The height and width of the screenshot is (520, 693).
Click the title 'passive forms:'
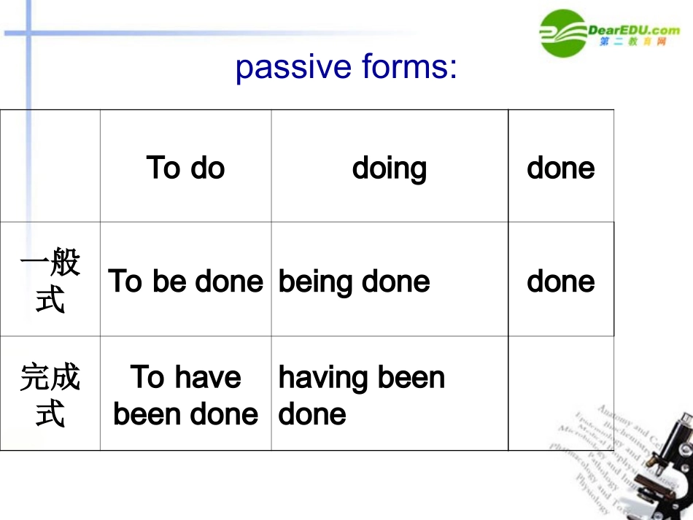tap(346, 68)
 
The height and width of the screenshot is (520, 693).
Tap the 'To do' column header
tap(185, 168)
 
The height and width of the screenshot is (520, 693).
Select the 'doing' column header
tap(389, 168)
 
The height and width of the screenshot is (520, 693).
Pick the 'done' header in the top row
tap(560, 168)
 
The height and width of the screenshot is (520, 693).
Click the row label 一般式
tap(50, 281)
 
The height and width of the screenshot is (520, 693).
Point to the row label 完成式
tap(50, 395)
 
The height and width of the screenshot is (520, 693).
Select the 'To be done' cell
tap(185, 282)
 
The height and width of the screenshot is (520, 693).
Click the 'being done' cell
tap(355, 282)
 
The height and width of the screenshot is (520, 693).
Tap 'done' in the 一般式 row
tap(560, 282)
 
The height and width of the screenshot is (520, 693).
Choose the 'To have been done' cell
tap(185, 395)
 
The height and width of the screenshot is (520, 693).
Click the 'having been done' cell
tap(361, 395)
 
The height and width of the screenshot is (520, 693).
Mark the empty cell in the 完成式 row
tap(560, 394)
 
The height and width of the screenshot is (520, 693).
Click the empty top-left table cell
tap(50, 166)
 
